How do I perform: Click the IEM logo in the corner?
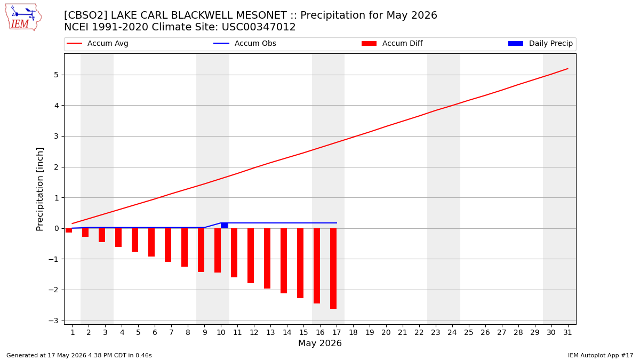click(x=23, y=18)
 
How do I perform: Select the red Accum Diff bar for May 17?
click(x=333, y=269)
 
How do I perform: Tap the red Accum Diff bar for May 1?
click(x=69, y=230)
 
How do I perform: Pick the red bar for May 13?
click(x=267, y=258)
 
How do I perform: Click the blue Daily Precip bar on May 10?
click(x=225, y=226)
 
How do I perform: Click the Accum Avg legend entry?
click(x=98, y=43)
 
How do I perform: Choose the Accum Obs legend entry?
click(x=245, y=43)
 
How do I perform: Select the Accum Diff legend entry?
click(x=392, y=43)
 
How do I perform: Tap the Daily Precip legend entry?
click(x=540, y=43)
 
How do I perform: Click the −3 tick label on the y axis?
click(x=53, y=321)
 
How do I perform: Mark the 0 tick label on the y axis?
click(x=56, y=229)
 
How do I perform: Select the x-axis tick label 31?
click(x=567, y=333)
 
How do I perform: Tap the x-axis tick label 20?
click(x=386, y=333)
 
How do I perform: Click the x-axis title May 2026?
click(x=320, y=343)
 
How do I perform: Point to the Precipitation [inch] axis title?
click(x=39, y=189)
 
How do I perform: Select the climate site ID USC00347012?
click(x=259, y=27)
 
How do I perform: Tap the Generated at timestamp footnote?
click(x=79, y=355)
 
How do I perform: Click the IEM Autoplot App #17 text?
click(x=601, y=355)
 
